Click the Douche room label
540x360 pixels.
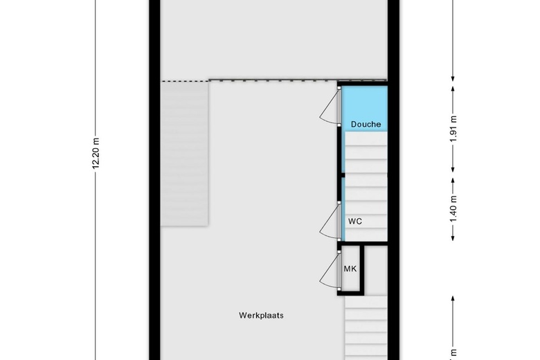(366, 124)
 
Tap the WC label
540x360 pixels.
(355, 221)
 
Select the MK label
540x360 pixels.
(350, 269)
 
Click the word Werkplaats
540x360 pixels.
(262, 315)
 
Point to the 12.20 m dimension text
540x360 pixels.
(96, 154)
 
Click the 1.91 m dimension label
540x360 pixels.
(453, 129)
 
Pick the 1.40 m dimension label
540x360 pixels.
(453, 209)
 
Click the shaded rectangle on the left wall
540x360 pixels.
(185, 154)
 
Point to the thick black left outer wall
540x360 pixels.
(154, 180)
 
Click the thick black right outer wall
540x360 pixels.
(393, 180)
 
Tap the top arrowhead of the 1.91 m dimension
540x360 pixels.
(453, 89)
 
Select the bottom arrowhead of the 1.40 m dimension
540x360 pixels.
(453, 237)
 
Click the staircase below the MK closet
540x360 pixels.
(366, 327)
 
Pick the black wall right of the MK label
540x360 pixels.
(362, 269)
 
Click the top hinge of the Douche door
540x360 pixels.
(339, 88)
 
